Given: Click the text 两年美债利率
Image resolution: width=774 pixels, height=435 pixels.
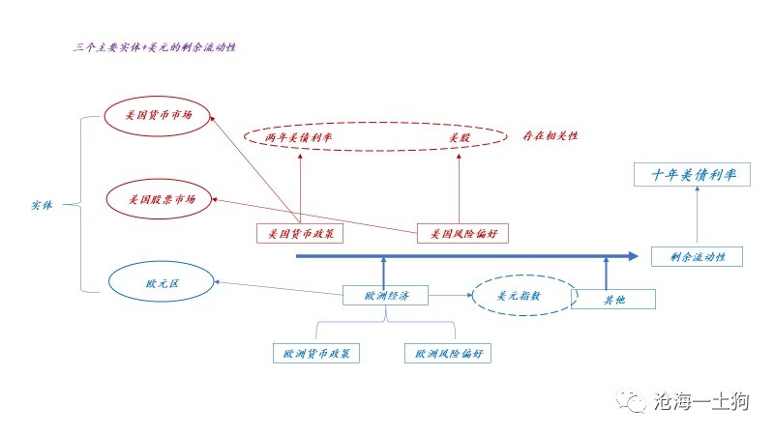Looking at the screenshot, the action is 299,137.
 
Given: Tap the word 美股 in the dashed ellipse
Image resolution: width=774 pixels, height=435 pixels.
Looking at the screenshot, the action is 459,137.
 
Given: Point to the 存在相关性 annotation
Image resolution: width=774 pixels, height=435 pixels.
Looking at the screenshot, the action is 550,135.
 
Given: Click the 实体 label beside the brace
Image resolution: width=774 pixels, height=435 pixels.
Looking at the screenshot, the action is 42,205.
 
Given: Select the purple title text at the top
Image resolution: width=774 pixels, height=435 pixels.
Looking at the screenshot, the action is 155,47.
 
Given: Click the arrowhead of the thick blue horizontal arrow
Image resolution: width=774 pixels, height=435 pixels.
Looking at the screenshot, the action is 634,256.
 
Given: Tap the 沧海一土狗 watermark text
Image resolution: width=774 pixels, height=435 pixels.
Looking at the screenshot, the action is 701,400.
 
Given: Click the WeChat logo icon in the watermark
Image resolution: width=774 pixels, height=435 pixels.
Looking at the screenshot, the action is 631,400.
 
